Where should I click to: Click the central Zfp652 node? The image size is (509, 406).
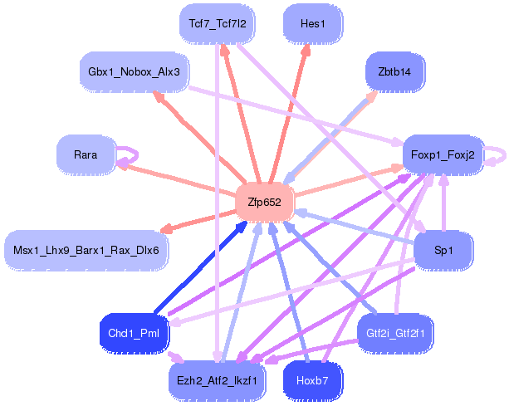point(265,203)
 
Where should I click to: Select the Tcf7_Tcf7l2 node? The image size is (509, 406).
point(218,24)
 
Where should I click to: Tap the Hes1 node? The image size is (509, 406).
point(312,24)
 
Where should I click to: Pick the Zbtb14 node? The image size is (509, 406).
point(394,71)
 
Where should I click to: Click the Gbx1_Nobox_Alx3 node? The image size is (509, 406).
point(134,71)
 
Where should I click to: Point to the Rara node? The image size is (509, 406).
point(86,154)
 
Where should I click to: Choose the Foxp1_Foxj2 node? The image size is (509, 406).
point(443,154)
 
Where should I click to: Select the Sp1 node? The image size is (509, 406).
point(443,250)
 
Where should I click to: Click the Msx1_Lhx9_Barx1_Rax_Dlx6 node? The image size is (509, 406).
point(86,250)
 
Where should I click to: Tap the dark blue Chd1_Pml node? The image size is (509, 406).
point(134,333)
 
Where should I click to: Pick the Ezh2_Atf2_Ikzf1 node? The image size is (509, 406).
point(217,381)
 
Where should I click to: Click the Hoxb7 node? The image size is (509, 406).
point(312,381)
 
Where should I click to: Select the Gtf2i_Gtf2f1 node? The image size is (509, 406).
point(395,333)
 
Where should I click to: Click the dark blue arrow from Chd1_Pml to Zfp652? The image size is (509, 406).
point(200,267)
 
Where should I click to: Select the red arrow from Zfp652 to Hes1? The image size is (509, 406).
point(289,114)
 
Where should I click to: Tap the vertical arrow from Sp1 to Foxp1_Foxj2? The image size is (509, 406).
point(443,203)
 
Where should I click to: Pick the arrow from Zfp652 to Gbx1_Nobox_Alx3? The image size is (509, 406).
point(198,137)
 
